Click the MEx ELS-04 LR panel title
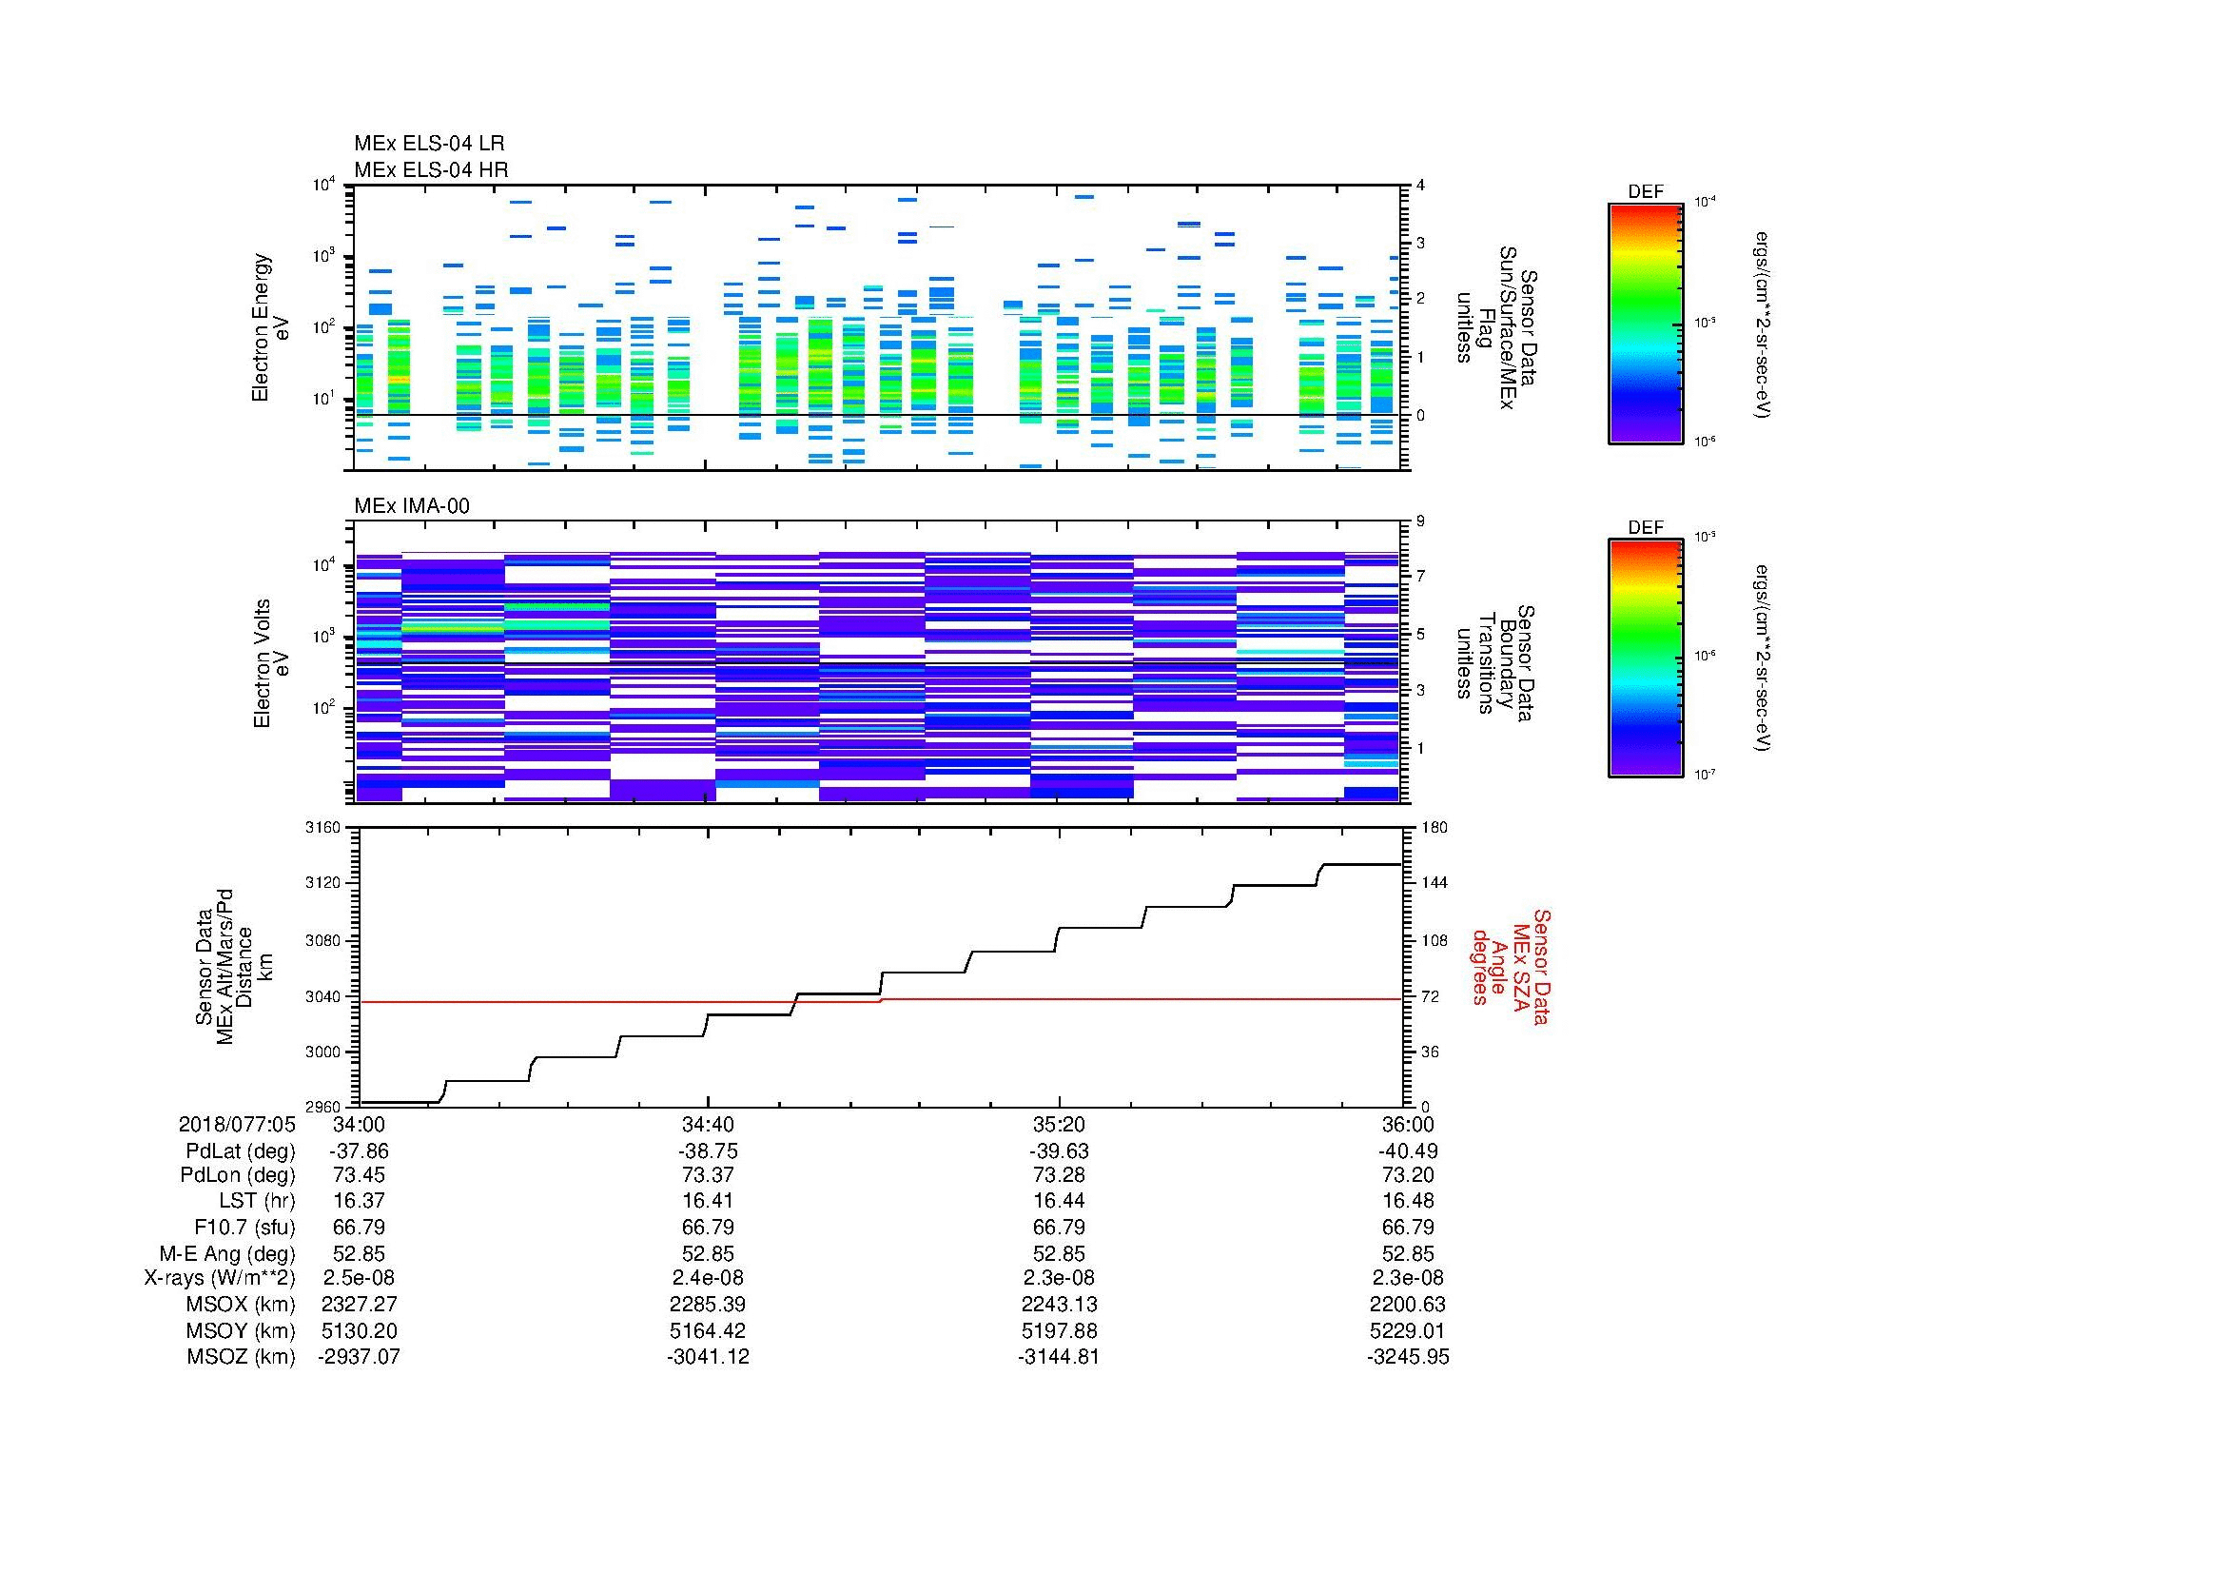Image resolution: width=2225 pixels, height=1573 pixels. (429, 144)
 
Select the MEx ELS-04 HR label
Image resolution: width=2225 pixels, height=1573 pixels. (431, 169)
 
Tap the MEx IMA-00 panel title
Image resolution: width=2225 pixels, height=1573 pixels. (412, 506)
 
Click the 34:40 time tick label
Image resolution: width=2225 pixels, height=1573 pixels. (708, 1124)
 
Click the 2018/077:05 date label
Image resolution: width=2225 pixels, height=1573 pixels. (237, 1124)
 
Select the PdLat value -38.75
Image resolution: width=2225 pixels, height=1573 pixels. (708, 1150)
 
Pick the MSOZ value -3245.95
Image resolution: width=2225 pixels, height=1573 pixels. (1407, 1357)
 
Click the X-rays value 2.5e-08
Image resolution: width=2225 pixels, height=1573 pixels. (359, 1278)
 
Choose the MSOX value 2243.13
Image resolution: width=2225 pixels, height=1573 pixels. (1058, 1305)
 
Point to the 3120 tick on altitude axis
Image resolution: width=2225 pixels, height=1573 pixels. (323, 883)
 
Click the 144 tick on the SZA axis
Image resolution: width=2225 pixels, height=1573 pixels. (1435, 883)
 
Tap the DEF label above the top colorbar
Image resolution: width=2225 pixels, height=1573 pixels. (1645, 192)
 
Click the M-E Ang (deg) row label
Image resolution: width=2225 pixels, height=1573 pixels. (226, 1253)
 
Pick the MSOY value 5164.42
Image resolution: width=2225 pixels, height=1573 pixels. (708, 1330)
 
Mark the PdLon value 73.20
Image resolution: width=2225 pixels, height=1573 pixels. (1407, 1175)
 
